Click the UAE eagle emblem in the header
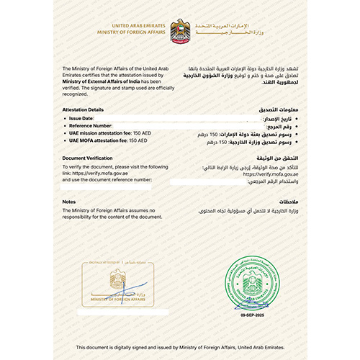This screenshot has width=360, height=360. tap(180, 30)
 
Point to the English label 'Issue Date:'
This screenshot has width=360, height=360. tap(80, 116)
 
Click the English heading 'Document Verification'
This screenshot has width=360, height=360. tap(89, 157)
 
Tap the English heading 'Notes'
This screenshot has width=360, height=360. tap(69, 202)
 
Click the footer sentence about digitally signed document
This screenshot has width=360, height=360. tap(180, 347)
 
